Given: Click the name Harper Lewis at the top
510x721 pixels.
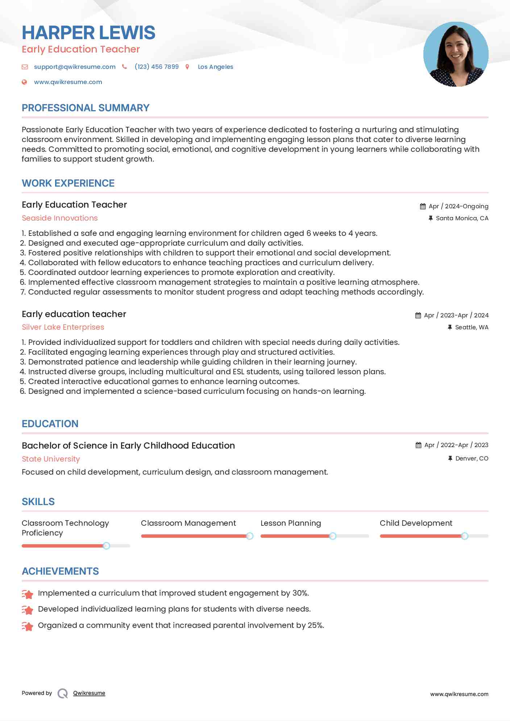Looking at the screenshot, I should click(x=88, y=33).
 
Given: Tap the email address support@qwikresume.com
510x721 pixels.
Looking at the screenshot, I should click(x=75, y=67).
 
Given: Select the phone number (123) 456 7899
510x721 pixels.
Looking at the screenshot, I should click(x=157, y=67).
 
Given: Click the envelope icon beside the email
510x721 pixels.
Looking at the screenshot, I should click(x=25, y=67).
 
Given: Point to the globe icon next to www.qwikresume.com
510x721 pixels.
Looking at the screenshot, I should click(x=24, y=82).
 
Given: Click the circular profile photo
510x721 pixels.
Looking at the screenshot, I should click(x=456, y=54).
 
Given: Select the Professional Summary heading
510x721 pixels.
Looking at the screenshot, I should click(x=86, y=108).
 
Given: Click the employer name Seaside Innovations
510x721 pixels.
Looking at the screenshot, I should click(x=60, y=218).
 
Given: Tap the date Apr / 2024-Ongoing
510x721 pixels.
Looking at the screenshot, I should click(x=459, y=206).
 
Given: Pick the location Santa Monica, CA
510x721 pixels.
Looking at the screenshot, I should click(x=462, y=218).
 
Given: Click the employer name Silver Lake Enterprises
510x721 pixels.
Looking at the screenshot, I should click(x=63, y=327).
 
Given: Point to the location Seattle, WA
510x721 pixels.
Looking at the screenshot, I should click(x=472, y=327).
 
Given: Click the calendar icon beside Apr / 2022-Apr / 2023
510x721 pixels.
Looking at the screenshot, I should click(x=418, y=445).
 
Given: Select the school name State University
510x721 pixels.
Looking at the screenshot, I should click(x=51, y=459).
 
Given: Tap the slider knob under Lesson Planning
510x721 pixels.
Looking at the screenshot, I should click(x=332, y=536).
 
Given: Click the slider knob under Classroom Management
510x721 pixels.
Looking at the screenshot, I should click(x=249, y=536).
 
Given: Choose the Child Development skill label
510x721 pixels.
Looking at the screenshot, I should click(x=416, y=523).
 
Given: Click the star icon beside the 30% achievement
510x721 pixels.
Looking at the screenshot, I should click(x=28, y=594).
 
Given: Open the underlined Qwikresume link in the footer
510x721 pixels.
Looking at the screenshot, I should click(x=89, y=693).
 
